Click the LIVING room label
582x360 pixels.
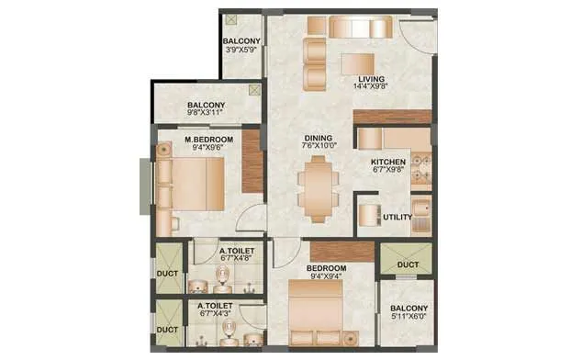coord(372,79)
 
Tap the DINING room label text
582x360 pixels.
coord(320,139)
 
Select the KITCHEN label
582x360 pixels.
coord(388,162)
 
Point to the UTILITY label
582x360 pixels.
coord(396,218)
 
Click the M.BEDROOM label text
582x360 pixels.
coord(206,139)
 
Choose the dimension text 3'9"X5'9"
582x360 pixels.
coord(242,51)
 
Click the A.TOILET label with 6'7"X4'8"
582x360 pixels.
coord(236,251)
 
